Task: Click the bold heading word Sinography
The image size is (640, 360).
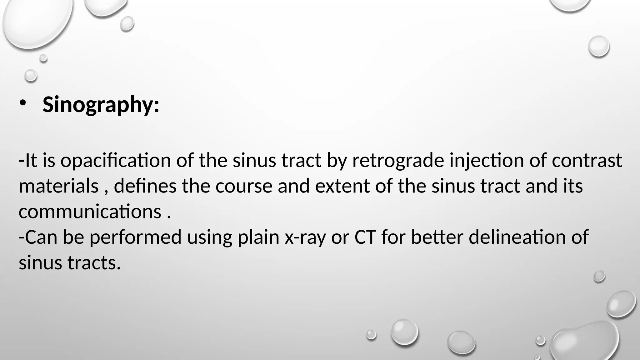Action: (x=101, y=105)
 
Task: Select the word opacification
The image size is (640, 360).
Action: (x=116, y=161)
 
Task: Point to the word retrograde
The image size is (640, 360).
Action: (x=398, y=161)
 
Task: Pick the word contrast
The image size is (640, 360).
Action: (x=587, y=161)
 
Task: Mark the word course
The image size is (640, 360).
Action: (x=244, y=186)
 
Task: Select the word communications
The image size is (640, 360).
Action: (x=90, y=212)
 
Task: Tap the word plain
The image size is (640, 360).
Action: (x=258, y=237)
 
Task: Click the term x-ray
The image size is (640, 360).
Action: (x=305, y=237)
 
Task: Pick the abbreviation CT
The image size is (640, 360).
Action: (x=365, y=237)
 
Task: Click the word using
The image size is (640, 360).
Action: (x=210, y=237)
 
